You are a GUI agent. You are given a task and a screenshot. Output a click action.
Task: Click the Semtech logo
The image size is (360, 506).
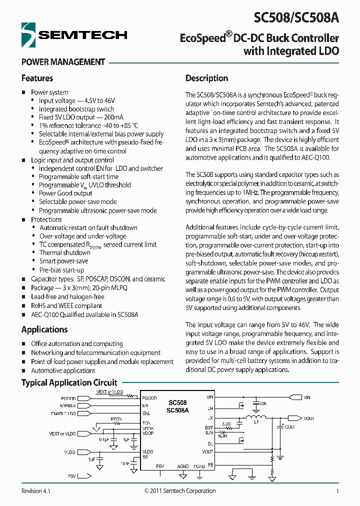coord(74,34)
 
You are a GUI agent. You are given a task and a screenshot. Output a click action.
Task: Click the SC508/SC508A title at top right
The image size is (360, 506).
coord(296,18)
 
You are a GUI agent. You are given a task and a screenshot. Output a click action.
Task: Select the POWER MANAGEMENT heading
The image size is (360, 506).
coord(63,62)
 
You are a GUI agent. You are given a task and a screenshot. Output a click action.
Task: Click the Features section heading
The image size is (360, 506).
coord(37,78)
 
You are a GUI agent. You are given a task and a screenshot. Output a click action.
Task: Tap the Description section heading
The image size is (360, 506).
coord(206,78)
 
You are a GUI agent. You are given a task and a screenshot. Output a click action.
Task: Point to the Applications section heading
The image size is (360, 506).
coord(44,329)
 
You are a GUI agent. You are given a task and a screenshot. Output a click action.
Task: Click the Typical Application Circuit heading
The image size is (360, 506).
coord(69,382)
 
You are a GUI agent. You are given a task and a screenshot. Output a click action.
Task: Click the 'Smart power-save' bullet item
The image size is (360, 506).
coord(63,261)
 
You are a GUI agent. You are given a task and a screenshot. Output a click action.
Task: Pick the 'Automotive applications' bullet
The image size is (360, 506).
coord(63,370)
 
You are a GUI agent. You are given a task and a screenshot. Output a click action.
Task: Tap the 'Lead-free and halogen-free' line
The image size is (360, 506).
coord(67,296)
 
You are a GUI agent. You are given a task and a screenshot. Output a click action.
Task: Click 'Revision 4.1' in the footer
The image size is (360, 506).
coord(36,491)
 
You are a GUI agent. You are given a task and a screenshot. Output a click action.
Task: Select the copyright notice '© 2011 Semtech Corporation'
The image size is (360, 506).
coord(180,491)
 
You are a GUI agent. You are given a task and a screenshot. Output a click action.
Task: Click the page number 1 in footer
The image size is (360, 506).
coord(337,491)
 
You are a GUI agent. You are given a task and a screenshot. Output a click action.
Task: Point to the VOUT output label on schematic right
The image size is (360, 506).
coord(308,418)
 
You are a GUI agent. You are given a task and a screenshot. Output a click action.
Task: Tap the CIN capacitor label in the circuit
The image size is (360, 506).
coord(263,402)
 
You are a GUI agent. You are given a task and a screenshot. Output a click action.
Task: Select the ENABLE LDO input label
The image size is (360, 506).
coord(63,414)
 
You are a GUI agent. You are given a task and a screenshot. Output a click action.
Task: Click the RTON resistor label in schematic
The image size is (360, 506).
coord(116,419)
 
